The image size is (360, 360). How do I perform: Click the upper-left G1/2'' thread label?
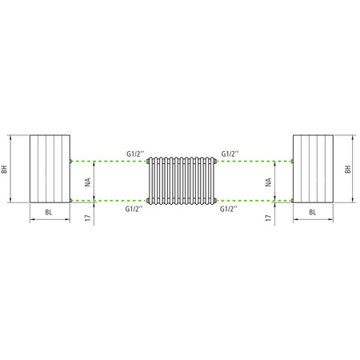(x=134, y=152)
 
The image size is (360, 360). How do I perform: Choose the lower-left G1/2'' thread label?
(x=134, y=208)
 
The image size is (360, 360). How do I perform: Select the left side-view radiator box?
(x=50, y=170)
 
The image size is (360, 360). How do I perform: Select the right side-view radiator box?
(x=312, y=170)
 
